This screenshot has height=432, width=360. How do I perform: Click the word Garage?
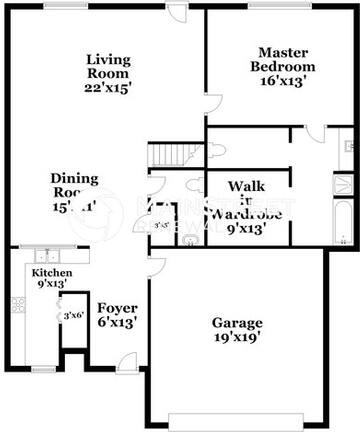coord(237,323)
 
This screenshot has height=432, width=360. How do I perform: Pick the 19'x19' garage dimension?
coord(237,338)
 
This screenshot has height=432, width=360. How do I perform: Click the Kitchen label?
coord(49,272)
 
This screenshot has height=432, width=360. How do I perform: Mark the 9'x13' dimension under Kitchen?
coord(49,284)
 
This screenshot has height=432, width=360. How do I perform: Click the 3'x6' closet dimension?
coord(73,316)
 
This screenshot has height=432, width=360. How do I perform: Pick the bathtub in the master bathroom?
coord(342,224)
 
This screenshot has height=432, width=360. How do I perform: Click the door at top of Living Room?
coord(178,14)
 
